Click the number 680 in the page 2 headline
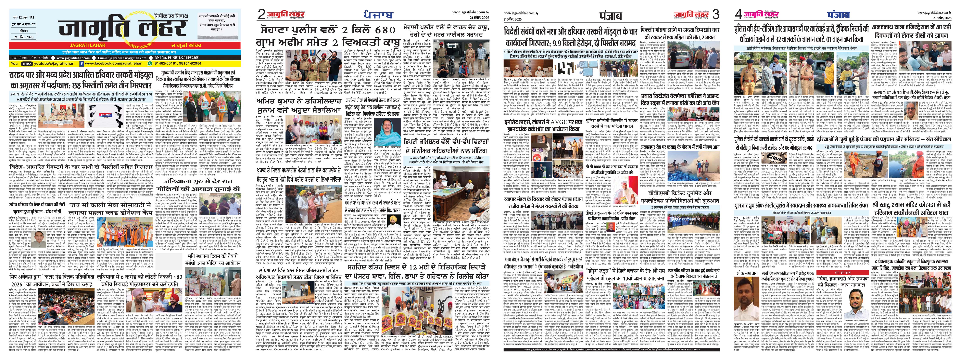tap(379, 29)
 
